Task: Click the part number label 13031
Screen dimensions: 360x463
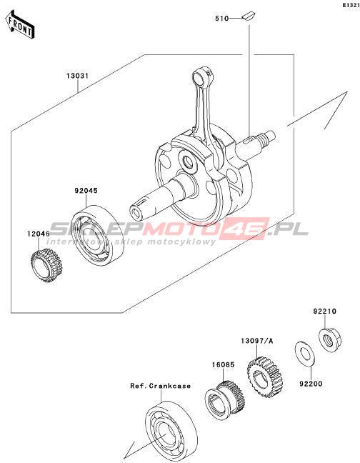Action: pyautogui.click(x=77, y=76)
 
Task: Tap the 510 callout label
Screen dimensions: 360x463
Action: pyautogui.click(x=222, y=19)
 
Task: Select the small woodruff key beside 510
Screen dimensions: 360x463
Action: pyautogui.click(x=249, y=16)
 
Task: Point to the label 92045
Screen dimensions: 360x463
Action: pyautogui.click(x=86, y=191)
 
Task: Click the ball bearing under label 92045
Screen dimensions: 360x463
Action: pyautogui.click(x=99, y=233)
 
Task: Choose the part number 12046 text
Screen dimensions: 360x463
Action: pyautogui.click(x=39, y=234)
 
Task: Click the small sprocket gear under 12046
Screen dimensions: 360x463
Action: pyautogui.click(x=46, y=266)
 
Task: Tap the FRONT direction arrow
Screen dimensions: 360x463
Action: pyautogui.click(x=20, y=26)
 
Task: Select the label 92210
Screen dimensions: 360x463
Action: pyautogui.click(x=324, y=312)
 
